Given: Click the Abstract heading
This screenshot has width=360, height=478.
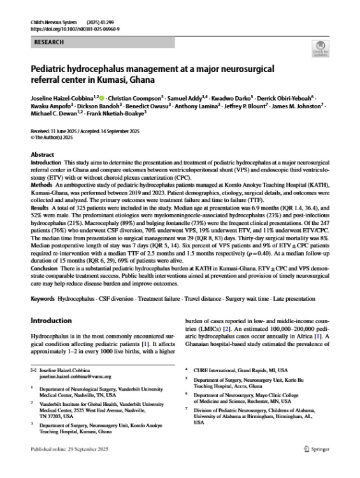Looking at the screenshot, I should point(43,155).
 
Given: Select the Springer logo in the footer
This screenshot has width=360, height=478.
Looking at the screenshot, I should point(314,467).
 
